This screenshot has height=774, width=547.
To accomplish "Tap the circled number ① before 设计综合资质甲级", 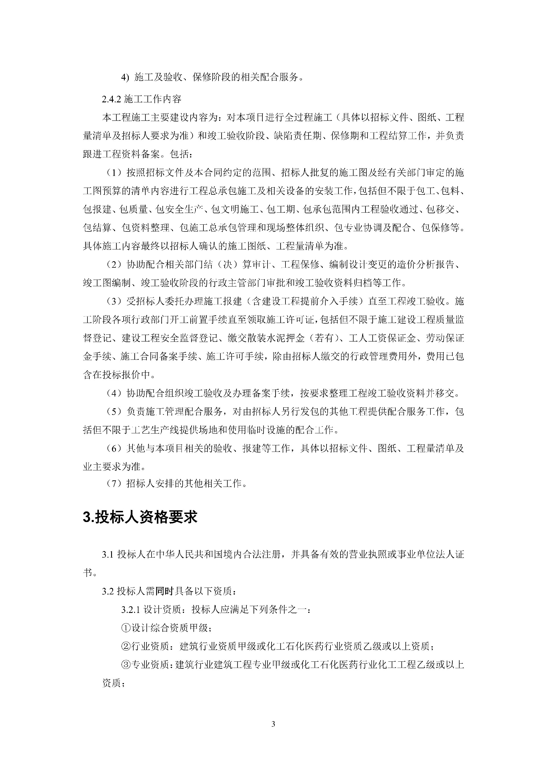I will click(126, 628).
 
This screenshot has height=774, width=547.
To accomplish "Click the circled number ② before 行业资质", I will click(126, 646).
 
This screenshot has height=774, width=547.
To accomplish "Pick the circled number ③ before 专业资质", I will click(126, 665).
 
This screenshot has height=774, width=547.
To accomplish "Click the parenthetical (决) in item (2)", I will click(228, 265).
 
